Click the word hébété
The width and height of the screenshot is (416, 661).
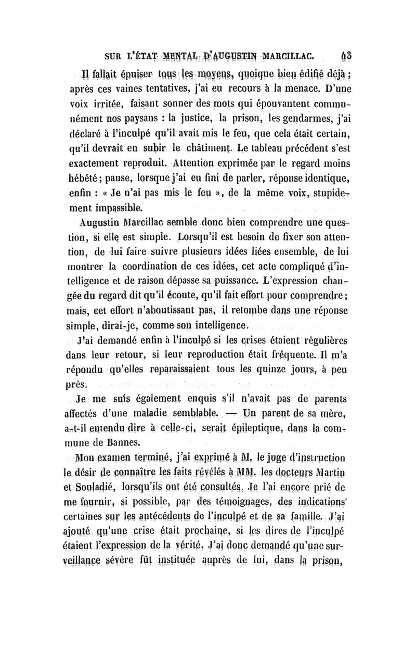point(87,170)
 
